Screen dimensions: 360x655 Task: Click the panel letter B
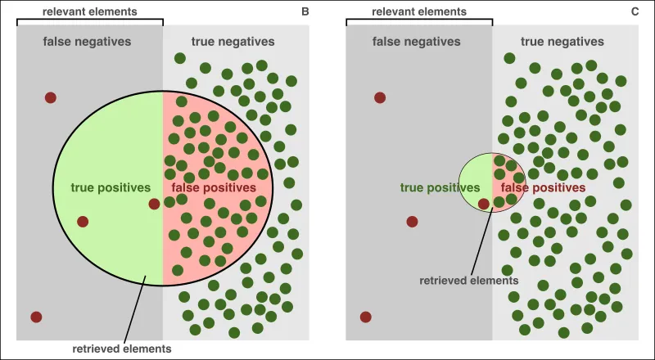(305, 12)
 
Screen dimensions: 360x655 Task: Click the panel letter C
(634, 12)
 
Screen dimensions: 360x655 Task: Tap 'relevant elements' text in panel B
(90, 12)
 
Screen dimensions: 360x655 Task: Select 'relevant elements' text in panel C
(419, 12)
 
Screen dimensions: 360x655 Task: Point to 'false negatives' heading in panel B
(89, 41)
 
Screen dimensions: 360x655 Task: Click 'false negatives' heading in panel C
(418, 41)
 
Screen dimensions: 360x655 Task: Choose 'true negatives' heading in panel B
(233, 41)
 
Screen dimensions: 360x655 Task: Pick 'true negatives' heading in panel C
(562, 41)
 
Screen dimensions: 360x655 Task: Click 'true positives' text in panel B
(111, 187)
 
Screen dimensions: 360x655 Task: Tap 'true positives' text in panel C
(440, 187)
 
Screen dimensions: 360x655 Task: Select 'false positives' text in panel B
(214, 187)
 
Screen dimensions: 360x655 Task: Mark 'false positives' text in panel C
(543, 187)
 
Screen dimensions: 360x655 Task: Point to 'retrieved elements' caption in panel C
(469, 280)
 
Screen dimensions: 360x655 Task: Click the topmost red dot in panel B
(51, 97)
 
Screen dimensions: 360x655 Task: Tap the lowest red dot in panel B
(36, 317)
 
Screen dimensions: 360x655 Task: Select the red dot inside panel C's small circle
(484, 204)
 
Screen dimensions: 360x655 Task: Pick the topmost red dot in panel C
(380, 97)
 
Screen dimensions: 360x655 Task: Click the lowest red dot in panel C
(365, 317)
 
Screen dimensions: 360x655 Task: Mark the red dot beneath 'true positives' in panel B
(83, 221)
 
